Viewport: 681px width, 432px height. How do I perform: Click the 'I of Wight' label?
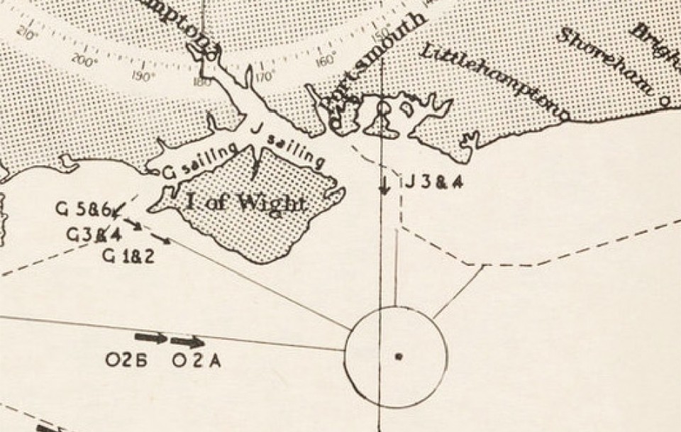(x=245, y=203)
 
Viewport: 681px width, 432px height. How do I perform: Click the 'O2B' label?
(x=126, y=361)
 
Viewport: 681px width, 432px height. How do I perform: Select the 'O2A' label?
(x=196, y=361)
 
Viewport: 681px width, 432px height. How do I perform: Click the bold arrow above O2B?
(x=151, y=338)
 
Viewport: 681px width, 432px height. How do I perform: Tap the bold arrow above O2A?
(x=188, y=342)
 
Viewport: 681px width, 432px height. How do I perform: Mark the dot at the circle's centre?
(x=399, y=356)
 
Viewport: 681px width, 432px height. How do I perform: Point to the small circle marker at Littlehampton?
(x=565, y=113)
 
